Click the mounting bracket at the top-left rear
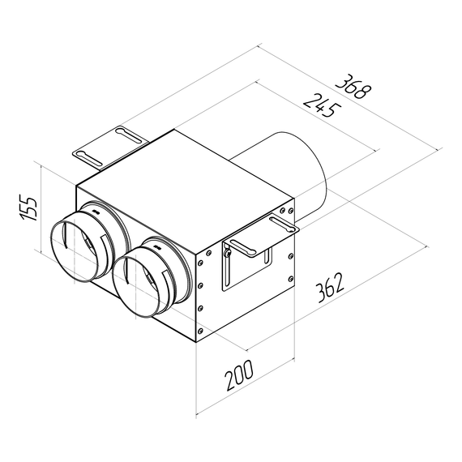(x=109, y=143)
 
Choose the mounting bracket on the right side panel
(x=251, y=251)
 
